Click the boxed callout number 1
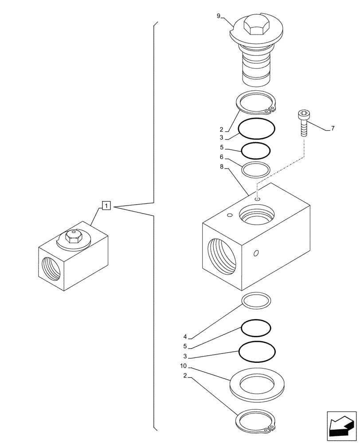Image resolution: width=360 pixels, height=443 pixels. pos(106,206)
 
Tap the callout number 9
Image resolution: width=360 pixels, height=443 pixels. pos(219,16)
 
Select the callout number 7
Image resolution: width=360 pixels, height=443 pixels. pos(333,129)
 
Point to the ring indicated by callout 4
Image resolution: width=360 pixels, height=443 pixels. pos(256,301)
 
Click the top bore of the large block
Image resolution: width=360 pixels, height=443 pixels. pos(256,215)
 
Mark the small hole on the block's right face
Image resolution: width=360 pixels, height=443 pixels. pos(255,253)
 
